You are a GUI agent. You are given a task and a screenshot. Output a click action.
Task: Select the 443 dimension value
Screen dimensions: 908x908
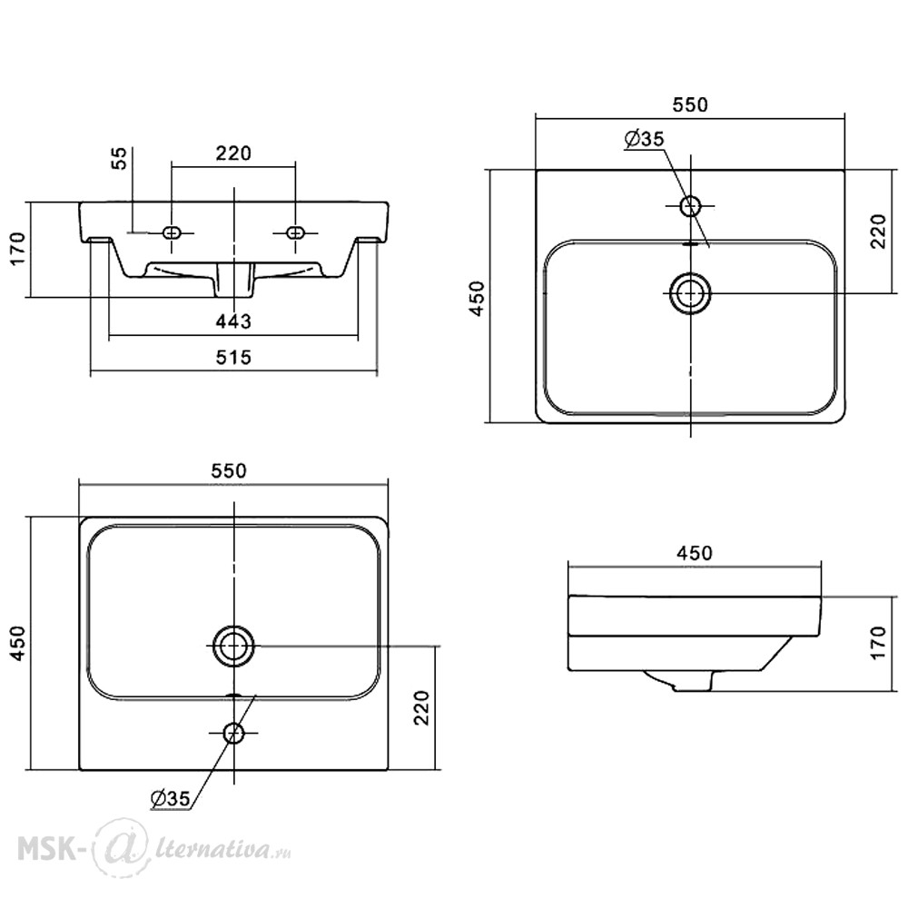pos(233,321)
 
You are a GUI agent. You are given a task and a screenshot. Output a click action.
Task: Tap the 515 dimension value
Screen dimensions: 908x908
pos(234,357)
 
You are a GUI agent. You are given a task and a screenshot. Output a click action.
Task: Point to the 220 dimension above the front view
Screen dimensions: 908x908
pos(233,153)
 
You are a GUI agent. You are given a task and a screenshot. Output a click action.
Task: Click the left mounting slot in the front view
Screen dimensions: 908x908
pos(172,232)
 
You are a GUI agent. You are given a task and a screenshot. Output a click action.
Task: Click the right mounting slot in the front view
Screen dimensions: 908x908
pos(295,232)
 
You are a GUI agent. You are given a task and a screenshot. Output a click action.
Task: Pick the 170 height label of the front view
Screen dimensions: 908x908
pos(18,248)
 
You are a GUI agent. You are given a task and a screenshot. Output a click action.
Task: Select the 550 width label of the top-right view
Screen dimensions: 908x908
pos(690,104)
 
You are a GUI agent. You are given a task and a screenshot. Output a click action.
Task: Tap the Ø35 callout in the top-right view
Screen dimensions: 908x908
pos(645,139)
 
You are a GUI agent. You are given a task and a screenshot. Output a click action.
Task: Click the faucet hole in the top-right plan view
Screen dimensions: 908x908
pos(690,205)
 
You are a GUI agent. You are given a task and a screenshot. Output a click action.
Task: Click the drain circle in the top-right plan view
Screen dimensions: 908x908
pos(690,293)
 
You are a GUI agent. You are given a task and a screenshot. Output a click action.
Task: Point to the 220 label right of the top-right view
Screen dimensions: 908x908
pos(878,231)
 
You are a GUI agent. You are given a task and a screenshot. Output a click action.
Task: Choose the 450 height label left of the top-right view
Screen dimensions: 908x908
pos(478,298)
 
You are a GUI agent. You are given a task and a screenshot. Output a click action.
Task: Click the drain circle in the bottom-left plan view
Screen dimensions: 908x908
pos(234,646)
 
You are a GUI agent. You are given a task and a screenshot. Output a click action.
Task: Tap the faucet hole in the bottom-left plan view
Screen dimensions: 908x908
pos(234,733)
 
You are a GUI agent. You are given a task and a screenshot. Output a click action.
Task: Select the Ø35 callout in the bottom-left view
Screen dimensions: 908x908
pos(171,798)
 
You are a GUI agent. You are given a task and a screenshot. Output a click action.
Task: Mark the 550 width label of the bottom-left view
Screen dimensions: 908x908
pos(228,470)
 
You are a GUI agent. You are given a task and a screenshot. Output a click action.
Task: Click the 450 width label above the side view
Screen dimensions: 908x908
pos(695,553)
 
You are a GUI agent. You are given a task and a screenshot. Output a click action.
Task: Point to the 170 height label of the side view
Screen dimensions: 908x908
pos(878,642)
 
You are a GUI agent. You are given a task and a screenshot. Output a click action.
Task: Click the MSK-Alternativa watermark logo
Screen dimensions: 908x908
pos(154,848)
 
